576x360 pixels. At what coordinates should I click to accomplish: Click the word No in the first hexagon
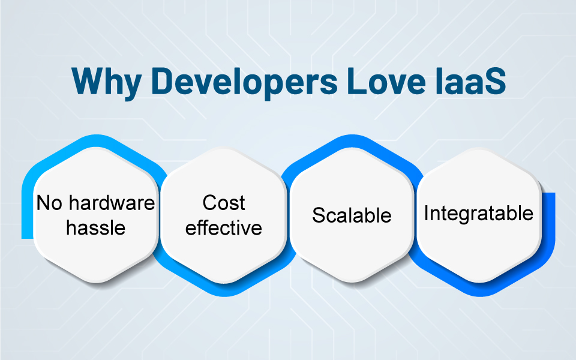(50, 203)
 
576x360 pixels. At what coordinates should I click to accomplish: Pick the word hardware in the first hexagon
(112, 203)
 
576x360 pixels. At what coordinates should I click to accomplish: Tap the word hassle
(96, 227)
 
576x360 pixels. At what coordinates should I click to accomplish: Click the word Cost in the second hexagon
(224, 203)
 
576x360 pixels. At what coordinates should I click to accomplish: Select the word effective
(224, 227)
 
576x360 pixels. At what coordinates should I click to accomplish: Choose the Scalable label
(352, 215)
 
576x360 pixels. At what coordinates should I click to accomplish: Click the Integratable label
(479, 214)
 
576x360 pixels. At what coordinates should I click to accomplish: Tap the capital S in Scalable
(319, 215)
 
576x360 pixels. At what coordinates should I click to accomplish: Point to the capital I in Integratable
(426, 213)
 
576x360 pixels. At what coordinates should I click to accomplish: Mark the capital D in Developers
(162, 81)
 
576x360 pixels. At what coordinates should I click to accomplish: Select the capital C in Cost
(210, 203)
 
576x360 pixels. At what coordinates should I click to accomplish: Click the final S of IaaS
(496, 81)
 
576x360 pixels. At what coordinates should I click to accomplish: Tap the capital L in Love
(356, 81)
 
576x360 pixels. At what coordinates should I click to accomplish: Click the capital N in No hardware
(43, 203)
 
